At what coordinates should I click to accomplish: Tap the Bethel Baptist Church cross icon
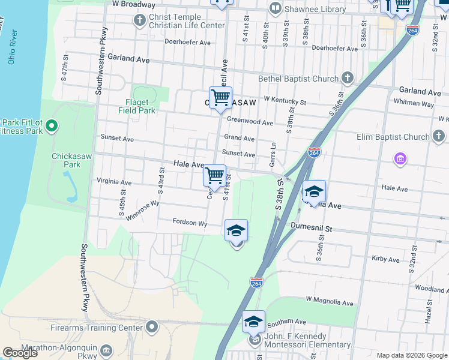pos(347,78)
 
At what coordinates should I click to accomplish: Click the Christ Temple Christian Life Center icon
pos(140,21)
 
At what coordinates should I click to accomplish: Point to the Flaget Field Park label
pos(140,106)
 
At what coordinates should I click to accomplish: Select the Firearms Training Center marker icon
pos(152,327)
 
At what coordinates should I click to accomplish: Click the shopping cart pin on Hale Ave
pos(214,176)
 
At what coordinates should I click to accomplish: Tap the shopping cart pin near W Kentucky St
pos(220,97)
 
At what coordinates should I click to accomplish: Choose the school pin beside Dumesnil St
pos(236,231)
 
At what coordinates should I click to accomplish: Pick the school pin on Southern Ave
pos(253,322)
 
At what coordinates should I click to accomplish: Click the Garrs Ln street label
pos(274,154)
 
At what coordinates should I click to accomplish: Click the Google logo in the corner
pos(20,353)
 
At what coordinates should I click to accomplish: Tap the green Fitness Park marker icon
pos(52,125)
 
